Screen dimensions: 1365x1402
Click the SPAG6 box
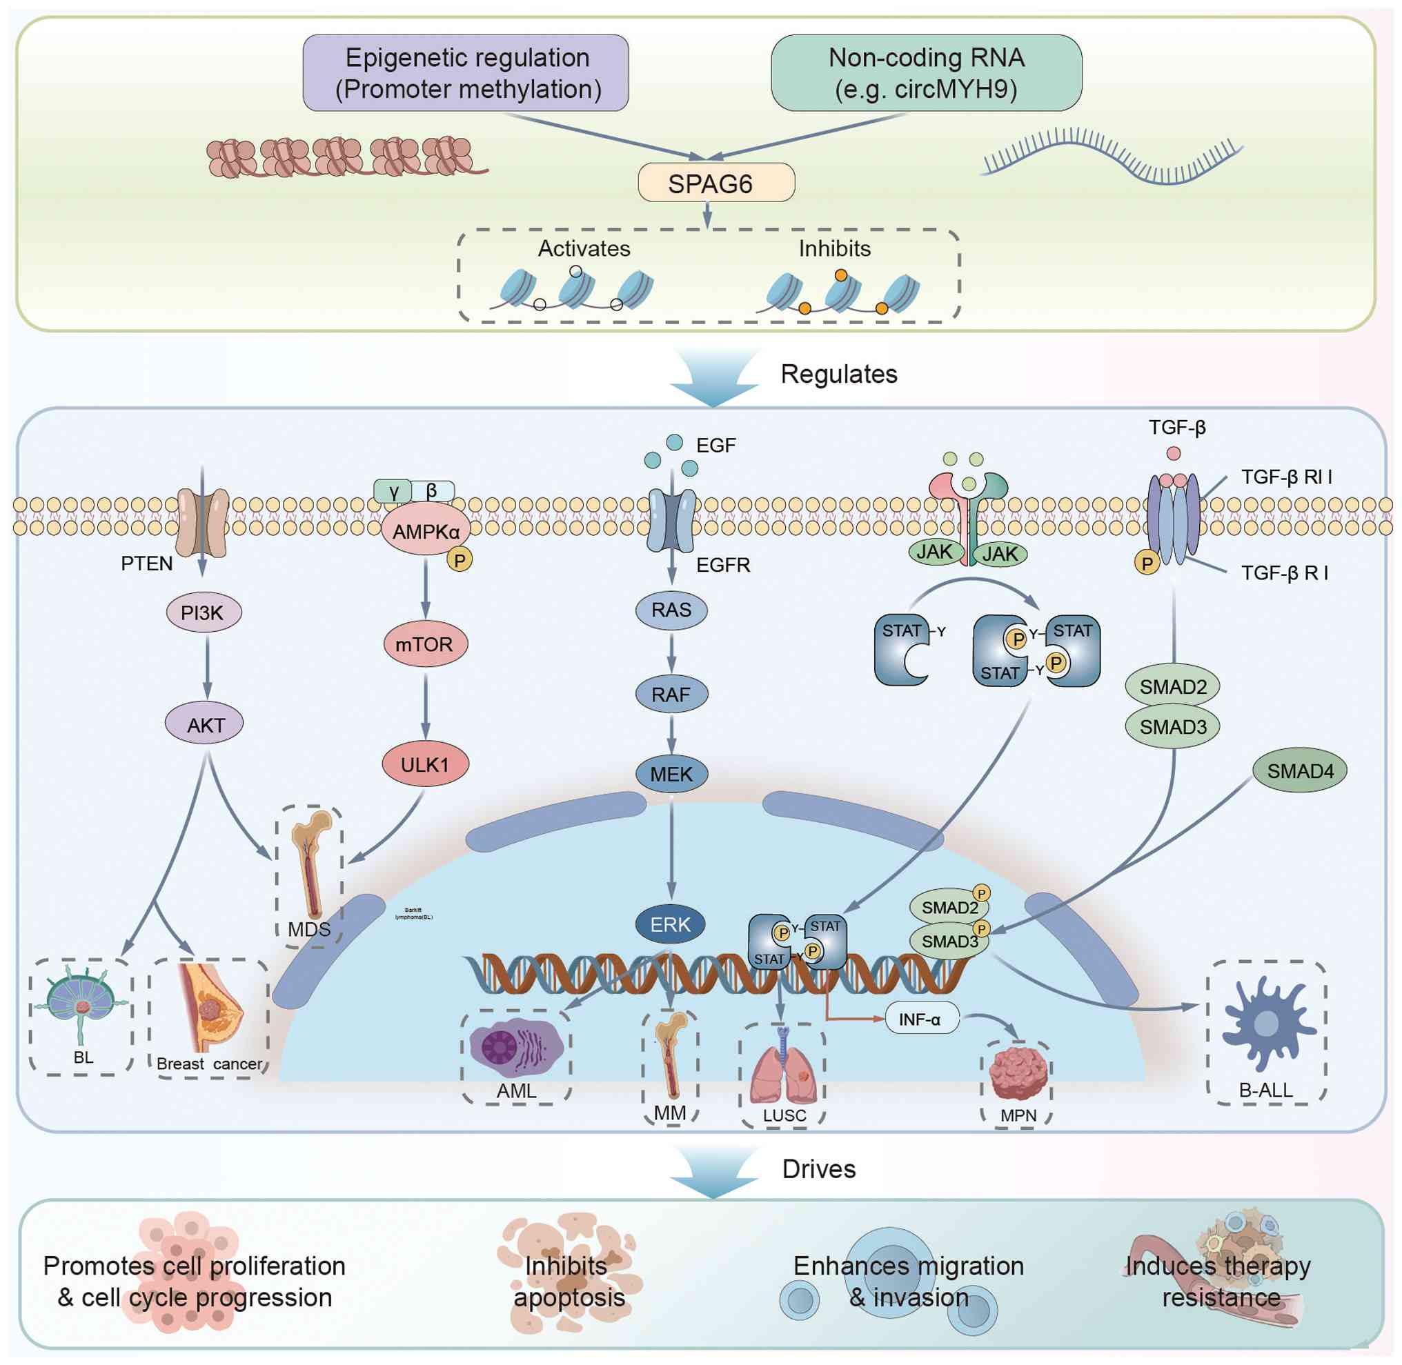715,183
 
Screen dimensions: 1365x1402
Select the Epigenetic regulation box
466,73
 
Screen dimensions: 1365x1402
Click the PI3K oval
203,612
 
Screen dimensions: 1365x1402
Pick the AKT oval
205,725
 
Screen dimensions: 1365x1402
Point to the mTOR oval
425,644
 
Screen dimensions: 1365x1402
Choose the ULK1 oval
425,764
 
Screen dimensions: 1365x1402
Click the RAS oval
671,610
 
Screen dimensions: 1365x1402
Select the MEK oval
671,774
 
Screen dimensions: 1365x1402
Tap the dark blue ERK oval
670,924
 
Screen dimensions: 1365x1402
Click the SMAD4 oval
1299,770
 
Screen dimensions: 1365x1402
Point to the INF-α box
921,1019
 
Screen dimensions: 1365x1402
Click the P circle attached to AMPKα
460,560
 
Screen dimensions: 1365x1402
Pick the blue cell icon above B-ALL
1267,1022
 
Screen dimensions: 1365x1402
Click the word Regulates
838,375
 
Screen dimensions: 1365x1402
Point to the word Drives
818,1169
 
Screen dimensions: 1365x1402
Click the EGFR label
723,565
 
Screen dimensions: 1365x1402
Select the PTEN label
147,564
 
